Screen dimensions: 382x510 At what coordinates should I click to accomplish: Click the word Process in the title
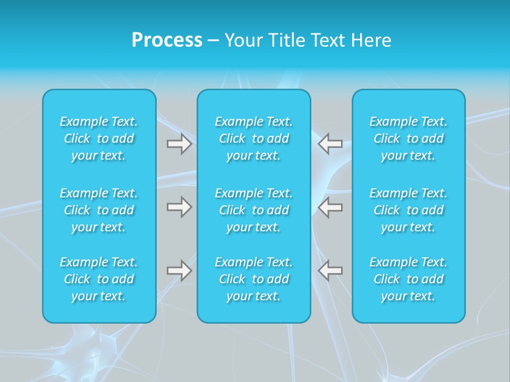pos(167,40)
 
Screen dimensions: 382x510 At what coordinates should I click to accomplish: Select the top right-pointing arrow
pos(179,144)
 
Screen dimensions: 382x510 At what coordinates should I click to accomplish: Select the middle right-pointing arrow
pos(179,207)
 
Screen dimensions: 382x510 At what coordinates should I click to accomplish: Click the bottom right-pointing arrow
pos(179,271)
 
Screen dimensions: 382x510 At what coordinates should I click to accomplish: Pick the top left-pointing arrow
pos(330,144)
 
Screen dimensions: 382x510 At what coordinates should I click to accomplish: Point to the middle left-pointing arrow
pos(330,207)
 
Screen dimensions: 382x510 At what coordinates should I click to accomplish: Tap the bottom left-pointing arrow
pos(330,271)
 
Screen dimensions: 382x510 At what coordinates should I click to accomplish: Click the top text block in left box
pos(99,138)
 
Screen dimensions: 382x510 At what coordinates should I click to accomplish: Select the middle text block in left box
pos(99,210)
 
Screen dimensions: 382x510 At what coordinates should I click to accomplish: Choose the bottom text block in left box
pos(99,279)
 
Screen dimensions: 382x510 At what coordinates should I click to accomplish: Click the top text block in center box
pos(254,138)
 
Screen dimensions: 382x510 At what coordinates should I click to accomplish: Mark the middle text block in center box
pos(254,210)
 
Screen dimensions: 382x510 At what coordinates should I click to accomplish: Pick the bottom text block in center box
pos(254,279)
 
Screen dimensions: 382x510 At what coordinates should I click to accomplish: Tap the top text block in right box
pos(409,138)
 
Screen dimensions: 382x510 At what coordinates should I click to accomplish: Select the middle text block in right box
pos(409,210)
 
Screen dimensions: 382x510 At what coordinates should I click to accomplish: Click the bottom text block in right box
pos(409,279)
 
